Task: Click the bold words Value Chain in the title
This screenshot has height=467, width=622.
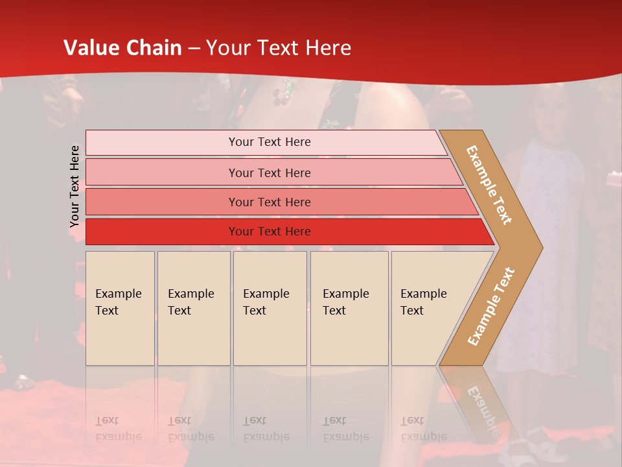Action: [x=122, y=48]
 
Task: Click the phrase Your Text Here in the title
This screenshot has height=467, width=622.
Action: [x=279, y=48]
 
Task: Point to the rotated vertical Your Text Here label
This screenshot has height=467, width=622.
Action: [x=75, y=186]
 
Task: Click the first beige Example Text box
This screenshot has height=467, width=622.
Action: [x=120, y=308]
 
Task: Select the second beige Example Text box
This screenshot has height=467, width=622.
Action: [x=193, y=308]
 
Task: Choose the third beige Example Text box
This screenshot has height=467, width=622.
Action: [x=270, y=308]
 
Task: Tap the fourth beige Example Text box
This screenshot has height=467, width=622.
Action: [x=349, y=308]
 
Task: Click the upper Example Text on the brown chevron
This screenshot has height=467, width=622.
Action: [x=489, y=185]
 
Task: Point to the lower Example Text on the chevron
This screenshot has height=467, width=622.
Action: [x=491, y=307]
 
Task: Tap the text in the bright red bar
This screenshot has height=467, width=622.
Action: [x=270, y=232]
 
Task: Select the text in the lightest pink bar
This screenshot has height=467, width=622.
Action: [x=270, y=142]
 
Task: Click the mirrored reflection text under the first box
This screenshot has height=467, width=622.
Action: [x=118, y=429]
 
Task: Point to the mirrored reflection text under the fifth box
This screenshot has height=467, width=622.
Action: [x=423, y=429]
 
